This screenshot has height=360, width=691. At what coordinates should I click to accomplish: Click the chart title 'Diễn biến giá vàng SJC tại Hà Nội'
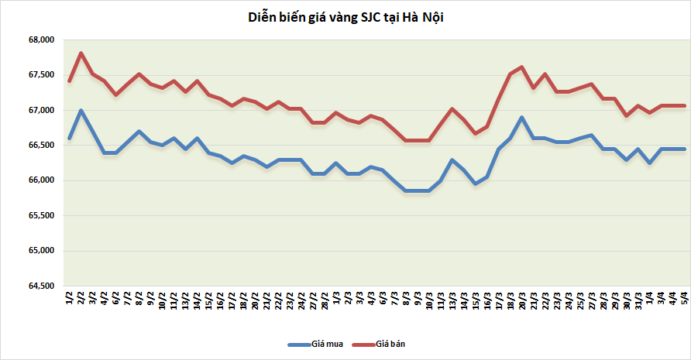pos(345,17)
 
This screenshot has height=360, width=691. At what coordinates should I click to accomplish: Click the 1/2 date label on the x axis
pos(70,298)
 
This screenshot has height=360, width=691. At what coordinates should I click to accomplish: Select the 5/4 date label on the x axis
pos(684,298)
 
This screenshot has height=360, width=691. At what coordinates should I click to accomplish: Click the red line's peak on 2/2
pos(81,53)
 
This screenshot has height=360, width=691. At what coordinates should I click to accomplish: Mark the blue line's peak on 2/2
pos(81,111)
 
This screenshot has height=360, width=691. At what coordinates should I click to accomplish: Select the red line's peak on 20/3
pos(521,67)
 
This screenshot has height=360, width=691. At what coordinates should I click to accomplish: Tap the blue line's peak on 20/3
pos(521,118)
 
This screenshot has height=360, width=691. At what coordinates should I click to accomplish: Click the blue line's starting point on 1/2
pos(70,139)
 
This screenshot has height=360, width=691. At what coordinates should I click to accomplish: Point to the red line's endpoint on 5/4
pos(684,105)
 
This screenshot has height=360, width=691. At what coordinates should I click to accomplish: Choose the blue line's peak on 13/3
pos(452,160)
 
